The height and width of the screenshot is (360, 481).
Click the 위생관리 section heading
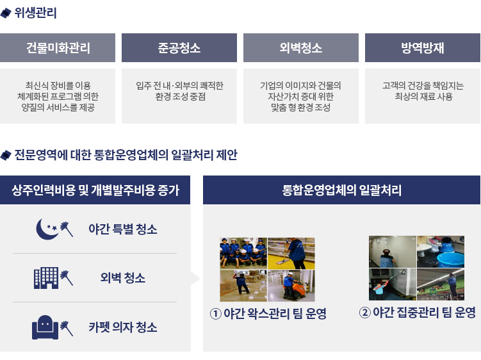[x=35, y=13]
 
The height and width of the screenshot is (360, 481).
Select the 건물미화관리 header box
[x=58, y=47]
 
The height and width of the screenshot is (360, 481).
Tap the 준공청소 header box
[x=179, y=47]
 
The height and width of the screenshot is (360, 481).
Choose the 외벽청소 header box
[x=301, y=47]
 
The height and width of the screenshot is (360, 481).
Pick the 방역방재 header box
[x=423, y=47]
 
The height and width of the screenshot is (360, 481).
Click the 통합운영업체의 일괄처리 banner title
[x=341, y=190]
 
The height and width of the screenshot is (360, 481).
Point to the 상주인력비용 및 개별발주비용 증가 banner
[x=95, y=190]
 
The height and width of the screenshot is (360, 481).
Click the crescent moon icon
[x=46, y=229]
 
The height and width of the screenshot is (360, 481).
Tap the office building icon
[x=46, y=278]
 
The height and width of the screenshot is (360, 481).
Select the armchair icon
[x=45, y=327]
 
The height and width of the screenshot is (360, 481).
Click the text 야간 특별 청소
[x=123, y=229]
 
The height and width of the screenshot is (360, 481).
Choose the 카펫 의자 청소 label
[x=123, y=327]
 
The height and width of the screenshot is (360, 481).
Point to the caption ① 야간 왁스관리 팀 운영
[x=268, y=313]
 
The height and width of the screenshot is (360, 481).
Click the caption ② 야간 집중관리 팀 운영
[x=417, y=313]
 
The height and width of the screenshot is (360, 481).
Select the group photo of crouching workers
[x=243, y=252]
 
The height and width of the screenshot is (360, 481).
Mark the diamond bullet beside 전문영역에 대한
[x=6, y=155]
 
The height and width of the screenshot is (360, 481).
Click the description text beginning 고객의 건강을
[x=423, y=91]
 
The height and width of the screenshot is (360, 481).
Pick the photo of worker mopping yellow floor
[x=291, y=253]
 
